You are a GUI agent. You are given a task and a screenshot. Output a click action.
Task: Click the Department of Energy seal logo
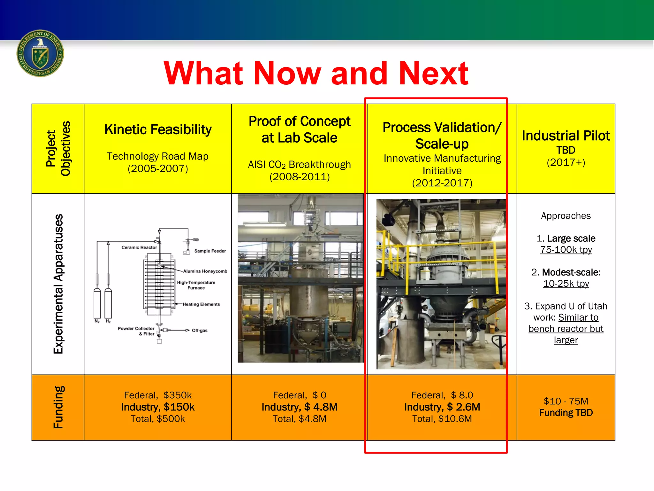coord(40,53)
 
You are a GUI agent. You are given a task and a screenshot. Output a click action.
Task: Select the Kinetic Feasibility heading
coord(158,130)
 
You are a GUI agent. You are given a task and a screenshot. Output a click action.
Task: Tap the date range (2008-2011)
coord(299,177)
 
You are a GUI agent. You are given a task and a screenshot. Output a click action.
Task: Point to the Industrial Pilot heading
coord(566,136)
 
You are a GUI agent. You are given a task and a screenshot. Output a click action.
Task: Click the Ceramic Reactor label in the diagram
coord(139,247)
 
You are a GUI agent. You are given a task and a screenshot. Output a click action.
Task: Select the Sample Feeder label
coord(210,251)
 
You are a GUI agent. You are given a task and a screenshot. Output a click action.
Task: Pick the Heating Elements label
coord(201,304)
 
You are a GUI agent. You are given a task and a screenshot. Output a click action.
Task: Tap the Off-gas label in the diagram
coord(199,331)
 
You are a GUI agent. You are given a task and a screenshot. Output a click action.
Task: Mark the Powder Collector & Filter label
coord(136,331)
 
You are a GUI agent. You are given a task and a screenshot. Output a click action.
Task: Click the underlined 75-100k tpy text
coord(566,250)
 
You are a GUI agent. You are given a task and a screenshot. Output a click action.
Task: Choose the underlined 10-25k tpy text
coord(566,284)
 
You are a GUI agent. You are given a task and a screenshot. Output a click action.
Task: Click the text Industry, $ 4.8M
coord(299,407)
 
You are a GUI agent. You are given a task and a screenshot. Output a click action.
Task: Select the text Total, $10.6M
coord(442,419)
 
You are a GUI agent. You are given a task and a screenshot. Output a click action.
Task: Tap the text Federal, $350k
coord(158,395)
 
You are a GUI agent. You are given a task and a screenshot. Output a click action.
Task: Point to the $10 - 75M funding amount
coord(566,401)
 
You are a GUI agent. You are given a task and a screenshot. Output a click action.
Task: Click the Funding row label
coord(58,407)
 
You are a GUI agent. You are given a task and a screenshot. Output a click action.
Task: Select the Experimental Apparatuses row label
coord(58,284)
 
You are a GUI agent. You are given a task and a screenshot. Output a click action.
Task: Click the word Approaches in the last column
coord(566,216)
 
